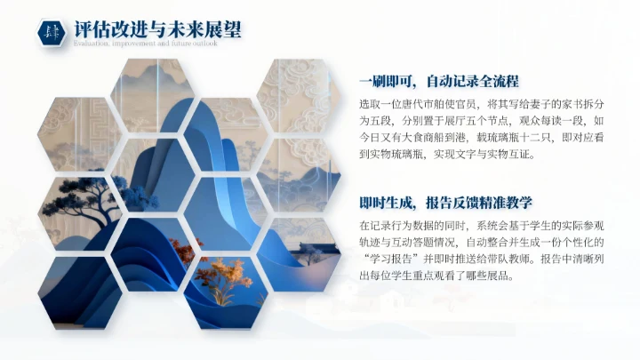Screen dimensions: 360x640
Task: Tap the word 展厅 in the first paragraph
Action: pyautogui.click(x=463, y=120)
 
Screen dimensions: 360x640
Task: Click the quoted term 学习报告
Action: pyautogui.click(x=394, y=259)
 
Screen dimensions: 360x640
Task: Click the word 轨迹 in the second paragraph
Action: pyautogui.click(x=371, y=242)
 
